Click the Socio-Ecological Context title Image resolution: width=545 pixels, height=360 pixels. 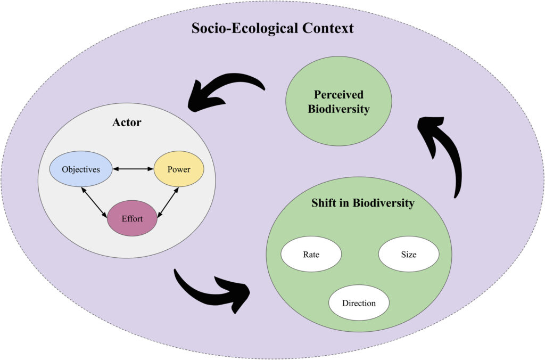pos(272,28)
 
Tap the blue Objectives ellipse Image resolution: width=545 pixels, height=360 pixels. pos(81,169)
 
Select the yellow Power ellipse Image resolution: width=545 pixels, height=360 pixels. pos(179,169)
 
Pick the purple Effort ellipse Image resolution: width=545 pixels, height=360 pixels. pos(133,218)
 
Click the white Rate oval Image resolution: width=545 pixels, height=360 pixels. pos(311,254)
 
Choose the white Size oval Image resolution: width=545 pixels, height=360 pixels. pos(408,254)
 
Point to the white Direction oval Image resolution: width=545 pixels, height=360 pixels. pos(359,303)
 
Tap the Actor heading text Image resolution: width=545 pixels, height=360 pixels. pos(127,122)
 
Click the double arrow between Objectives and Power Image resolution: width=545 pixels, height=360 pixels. pos(133,169)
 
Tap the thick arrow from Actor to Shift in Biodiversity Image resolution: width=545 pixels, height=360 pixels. pos(213,291)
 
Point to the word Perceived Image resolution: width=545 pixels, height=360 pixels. pos(338,95)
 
